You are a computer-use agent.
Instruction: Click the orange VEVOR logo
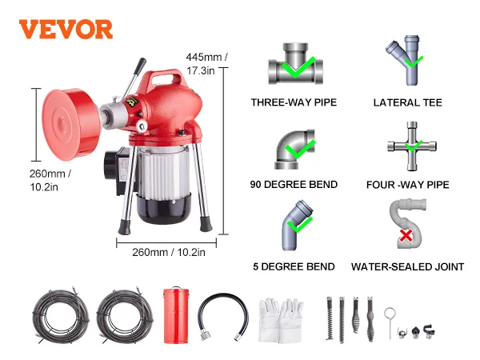pyautogui.click(x=66, y=30)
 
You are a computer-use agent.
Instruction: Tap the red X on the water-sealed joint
pyautogui.click(x=406, y=236)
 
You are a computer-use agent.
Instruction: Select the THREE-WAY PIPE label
pyautogui.click(x=294, y=102)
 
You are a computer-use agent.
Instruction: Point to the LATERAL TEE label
pyautogui.click(x=407, y=102)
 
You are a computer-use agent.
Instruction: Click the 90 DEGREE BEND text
pyautogui.click(x=294, y=184)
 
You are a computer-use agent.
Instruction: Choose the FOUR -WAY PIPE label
pyautogui.click(x=407, y=185)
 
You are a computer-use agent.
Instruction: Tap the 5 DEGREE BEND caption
pyautogui.click(x=294, y=266)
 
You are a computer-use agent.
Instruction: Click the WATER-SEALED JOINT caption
pyautogui.click(x=407, y=266)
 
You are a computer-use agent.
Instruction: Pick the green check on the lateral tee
pyautogui.click(x=414, y=62)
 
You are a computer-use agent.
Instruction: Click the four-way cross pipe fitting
pyautogui.click(x=412, y=146)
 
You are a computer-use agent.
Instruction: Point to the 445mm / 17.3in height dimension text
pyautogui.click(x=206, y=64)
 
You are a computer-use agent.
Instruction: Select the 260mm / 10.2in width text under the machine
pyautogui.click(x=169, y=252)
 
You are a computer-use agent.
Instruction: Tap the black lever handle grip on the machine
pyautogui.click(x=141, y=65)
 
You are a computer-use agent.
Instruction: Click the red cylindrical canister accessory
pyautogui.click(x=176, y=315)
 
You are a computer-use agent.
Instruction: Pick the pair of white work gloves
pyautogui.click(x=281, y=320)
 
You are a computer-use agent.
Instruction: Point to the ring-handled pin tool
pyautogui.click(x=390, y=323)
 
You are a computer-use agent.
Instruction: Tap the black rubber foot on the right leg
pyautogui.click(x=206, y=224)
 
